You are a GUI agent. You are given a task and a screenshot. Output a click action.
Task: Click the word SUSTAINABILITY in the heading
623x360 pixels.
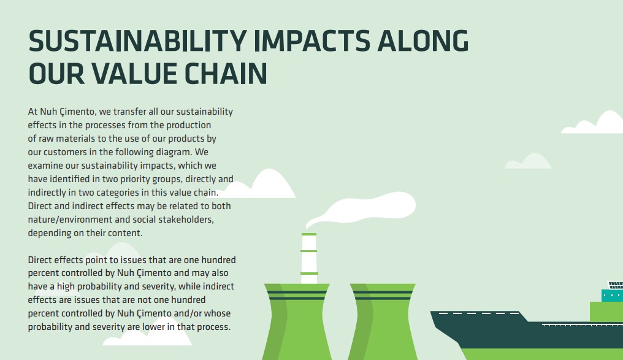[138, 41]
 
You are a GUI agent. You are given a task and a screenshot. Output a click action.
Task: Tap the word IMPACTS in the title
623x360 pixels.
[312, 41]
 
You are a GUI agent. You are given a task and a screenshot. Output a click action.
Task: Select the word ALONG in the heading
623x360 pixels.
[423, 41]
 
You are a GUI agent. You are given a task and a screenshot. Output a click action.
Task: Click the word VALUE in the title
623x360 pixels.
[134, 74]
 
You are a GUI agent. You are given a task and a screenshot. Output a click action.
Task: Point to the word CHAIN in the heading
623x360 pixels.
[226, 74]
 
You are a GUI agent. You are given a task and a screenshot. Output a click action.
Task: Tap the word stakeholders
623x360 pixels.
[186, 220]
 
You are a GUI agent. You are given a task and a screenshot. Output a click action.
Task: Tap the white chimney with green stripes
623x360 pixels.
[309, 258]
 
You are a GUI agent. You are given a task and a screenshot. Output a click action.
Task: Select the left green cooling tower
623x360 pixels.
[297, 322]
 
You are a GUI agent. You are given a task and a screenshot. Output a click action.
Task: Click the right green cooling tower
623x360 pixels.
[383, 322]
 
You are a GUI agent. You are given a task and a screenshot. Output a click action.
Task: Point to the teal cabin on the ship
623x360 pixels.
[612, 295]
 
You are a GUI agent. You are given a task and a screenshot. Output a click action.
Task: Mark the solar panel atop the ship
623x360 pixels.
[616, 285]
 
